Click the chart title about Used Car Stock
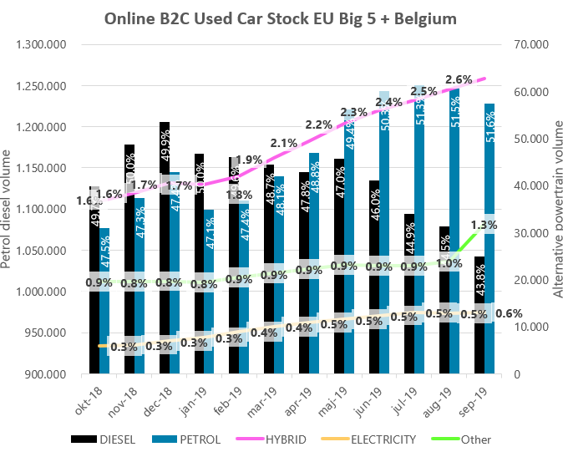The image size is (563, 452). pyautogui.click(x=281, y=19)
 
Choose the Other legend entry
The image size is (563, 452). pyautogui.click(x=475, y=439)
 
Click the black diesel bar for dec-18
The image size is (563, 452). pyautogui.click(x=165, y=251)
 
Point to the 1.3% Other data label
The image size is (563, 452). pyautogui.click(x=485, y=225)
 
